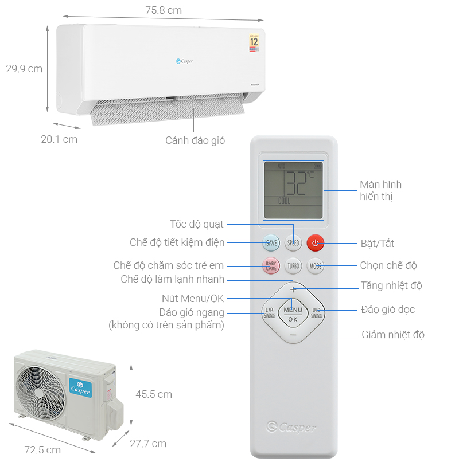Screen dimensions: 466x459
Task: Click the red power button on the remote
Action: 315,243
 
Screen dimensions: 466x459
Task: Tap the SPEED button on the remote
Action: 293,243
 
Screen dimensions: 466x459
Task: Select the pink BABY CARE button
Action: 271,265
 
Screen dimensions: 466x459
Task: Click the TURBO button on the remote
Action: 293,266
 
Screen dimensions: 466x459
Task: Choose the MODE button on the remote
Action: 316,265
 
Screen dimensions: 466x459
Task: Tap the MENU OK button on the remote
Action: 293,314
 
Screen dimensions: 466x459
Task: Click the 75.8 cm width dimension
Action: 163,10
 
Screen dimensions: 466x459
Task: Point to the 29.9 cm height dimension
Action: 24,69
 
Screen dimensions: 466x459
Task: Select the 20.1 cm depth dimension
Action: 59,139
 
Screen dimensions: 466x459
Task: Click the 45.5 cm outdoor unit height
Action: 154,394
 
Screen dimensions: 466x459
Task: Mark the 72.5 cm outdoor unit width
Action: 42,450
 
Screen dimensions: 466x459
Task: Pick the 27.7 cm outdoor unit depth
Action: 147,443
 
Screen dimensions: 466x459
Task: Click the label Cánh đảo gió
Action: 195,140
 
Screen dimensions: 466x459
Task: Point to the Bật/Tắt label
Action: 378,244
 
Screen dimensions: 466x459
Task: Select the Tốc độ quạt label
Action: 197,224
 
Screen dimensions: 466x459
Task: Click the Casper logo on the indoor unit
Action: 184,61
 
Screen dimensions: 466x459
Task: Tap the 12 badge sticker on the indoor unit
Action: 254,42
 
